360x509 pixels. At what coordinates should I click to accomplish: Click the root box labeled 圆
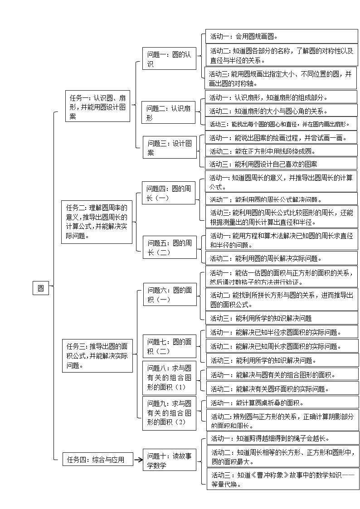pos(41,288)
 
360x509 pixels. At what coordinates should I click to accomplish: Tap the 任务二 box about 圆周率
pos(97,221)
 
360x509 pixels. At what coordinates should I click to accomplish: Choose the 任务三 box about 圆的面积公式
pos(97,356)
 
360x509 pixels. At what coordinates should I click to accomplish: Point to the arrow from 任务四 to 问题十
pos(138,460)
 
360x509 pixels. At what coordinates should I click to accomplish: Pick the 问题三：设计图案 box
pos(170,148)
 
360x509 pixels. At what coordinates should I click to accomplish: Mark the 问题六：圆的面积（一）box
pos(170,295)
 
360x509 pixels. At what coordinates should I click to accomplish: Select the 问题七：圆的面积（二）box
pos(170,346)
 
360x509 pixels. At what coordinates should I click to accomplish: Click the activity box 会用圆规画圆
pos(282,37)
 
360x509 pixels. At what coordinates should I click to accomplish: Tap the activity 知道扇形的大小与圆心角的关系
pos(282,111)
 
